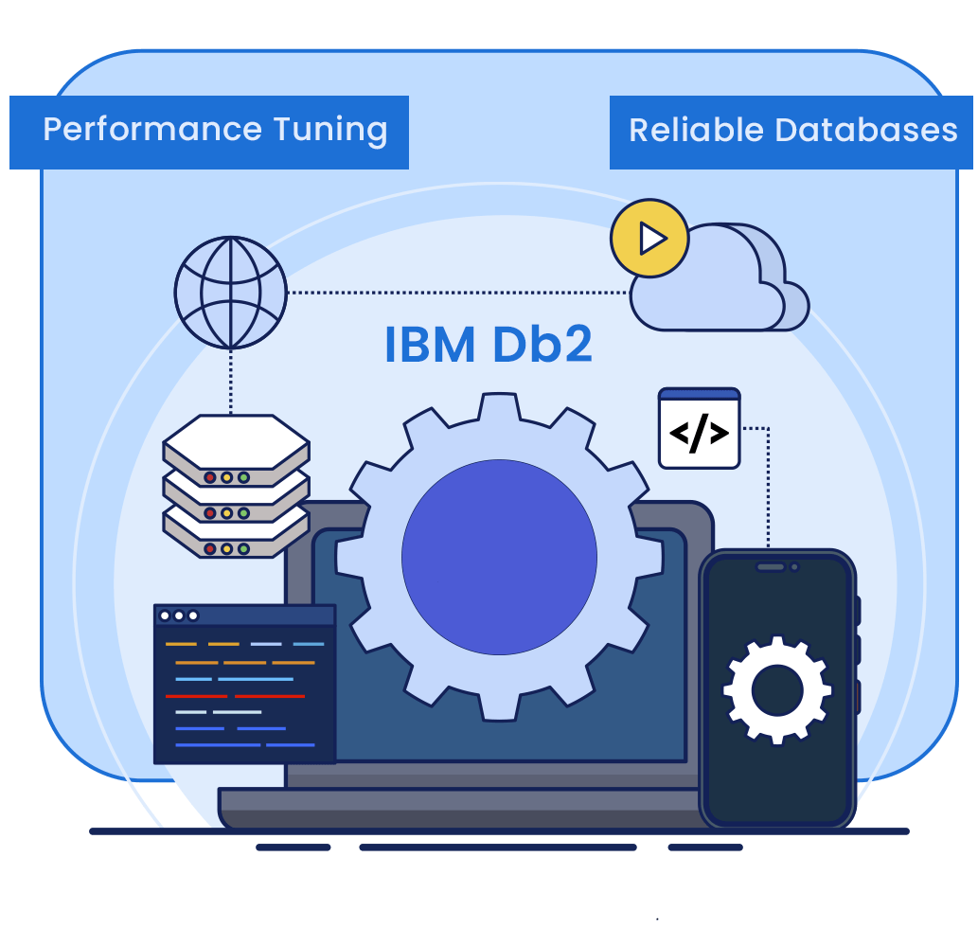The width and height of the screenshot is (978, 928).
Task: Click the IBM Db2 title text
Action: coord(488,345)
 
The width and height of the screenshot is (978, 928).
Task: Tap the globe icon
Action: coord(230,293)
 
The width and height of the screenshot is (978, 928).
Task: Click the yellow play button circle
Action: coord(649,239)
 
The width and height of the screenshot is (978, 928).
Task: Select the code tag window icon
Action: coord(699,431)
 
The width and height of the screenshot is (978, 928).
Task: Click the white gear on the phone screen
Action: coord(776,689)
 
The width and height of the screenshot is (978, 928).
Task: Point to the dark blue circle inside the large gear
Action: coord(499,557)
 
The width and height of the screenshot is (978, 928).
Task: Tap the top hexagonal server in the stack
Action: coord(236,441)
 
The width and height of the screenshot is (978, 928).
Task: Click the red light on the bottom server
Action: coord(210,549)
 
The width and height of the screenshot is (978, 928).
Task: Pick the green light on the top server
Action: coord(243,477)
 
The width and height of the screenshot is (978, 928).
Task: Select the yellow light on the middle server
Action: coord(227,513)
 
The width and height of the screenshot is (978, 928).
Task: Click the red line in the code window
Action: coord(235,696)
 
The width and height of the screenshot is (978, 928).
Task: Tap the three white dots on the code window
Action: coord(179,616)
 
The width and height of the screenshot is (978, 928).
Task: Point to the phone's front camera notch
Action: coord(777,567)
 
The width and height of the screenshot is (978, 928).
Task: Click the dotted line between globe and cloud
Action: coord(454,293)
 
